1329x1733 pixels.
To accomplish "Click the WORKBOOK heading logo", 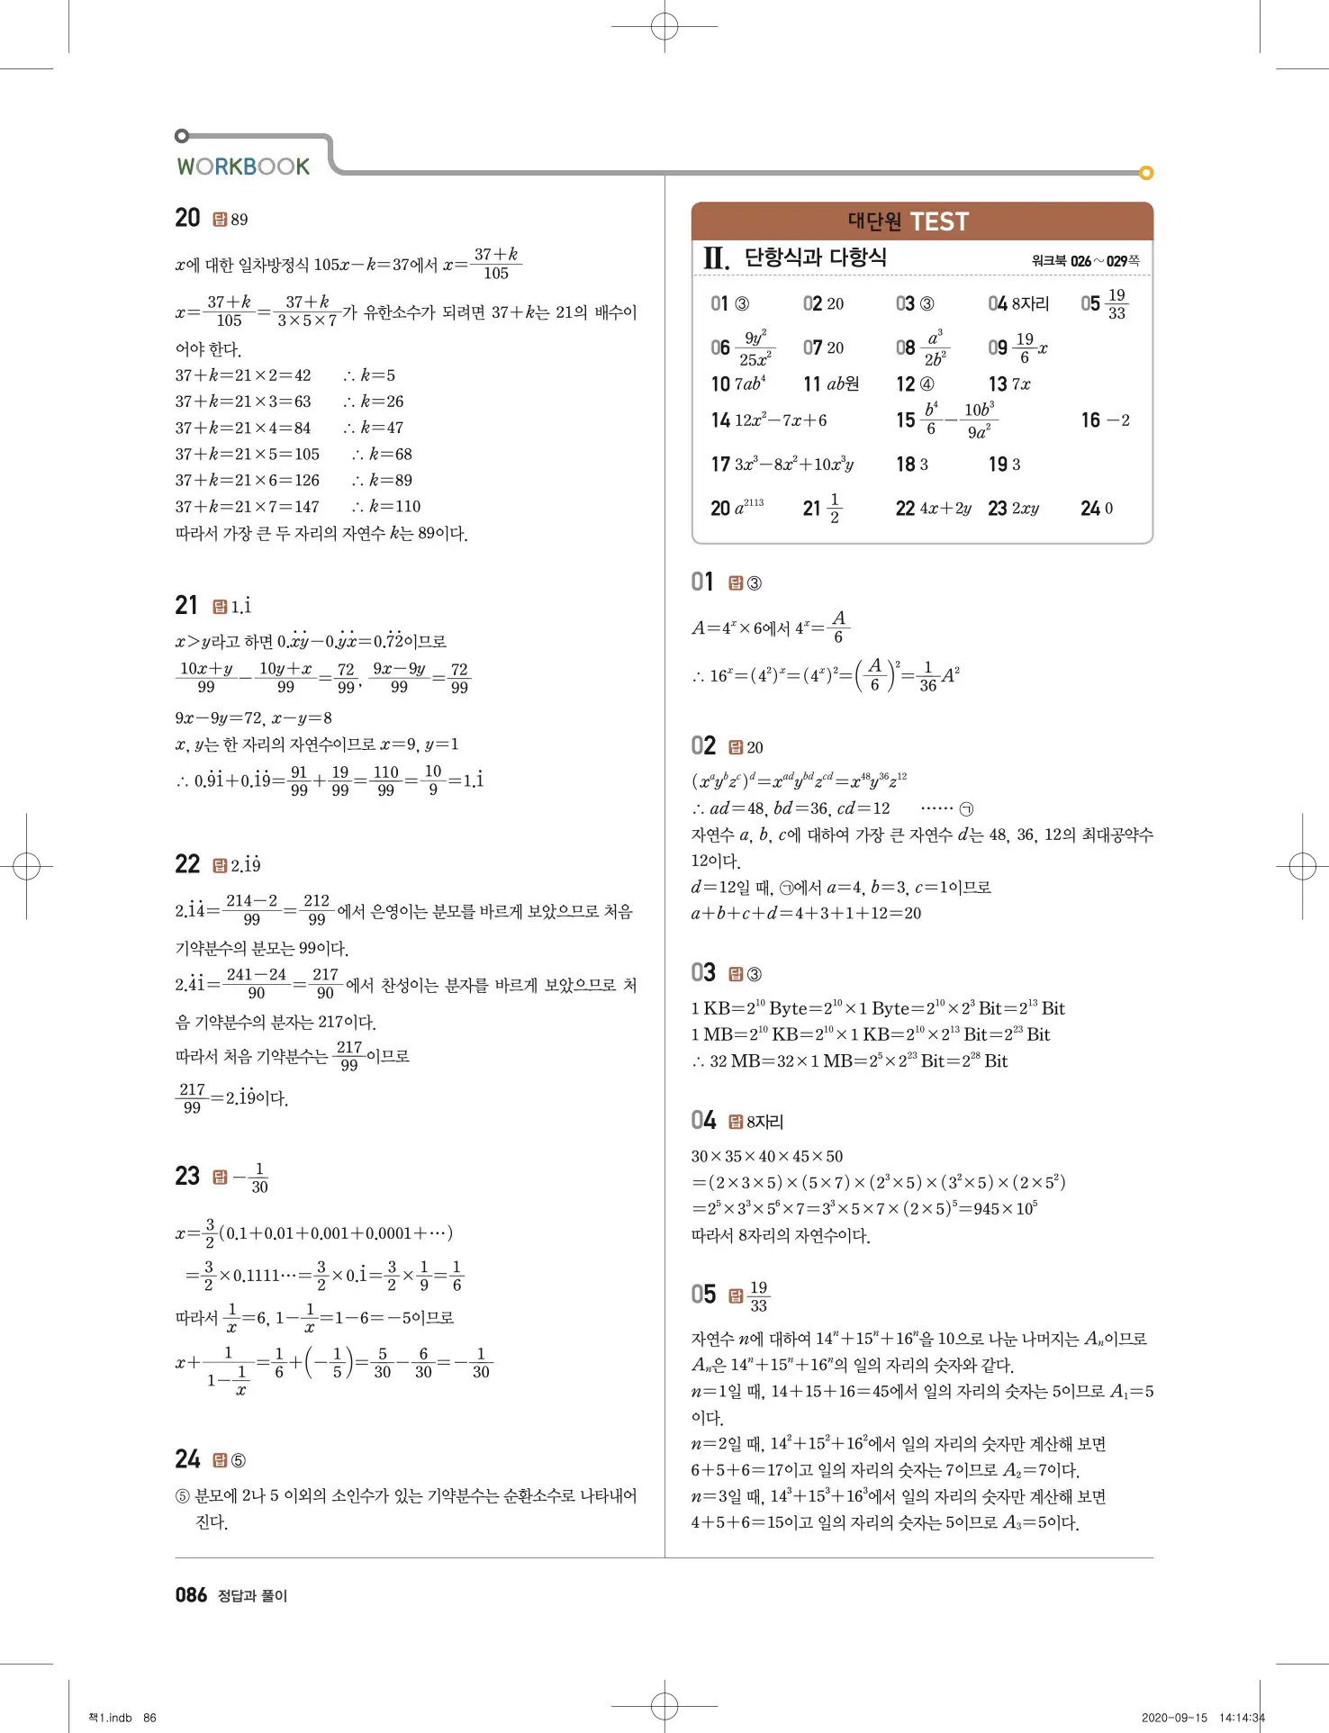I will [243, 167].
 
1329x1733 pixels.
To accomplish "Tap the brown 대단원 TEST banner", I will [921, 221].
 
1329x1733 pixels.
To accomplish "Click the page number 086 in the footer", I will [191, 1595].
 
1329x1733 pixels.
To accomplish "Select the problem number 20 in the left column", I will [187, 218].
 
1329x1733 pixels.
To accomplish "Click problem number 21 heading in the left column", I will [186, 605].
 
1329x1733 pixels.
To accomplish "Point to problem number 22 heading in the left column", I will [187, 864].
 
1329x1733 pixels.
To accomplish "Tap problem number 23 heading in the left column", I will [187, 1176].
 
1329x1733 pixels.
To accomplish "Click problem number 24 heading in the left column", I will [187, 1459].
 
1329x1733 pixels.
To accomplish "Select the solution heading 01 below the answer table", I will [702, 582].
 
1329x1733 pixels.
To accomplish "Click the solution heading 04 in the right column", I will [703, 1120].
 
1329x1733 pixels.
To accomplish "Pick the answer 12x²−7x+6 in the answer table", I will [780, 420].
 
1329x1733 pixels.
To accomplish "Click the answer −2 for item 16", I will [1117, 420].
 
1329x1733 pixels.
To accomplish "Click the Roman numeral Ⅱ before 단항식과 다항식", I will [716, 259].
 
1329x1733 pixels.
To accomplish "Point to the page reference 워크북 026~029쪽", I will [1085, 261].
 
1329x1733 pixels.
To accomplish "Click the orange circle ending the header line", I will [1146, 173].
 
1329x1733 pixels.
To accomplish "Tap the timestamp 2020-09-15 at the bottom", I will [1173, 1718].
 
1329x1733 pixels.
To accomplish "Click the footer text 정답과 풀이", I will [252, 1596].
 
